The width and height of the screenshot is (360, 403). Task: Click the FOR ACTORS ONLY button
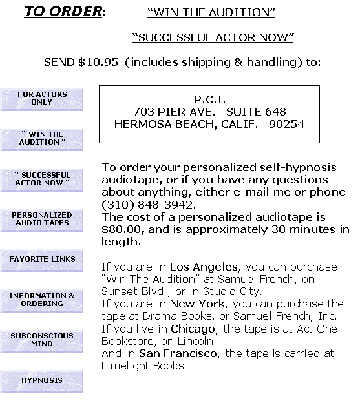tap(42, 99)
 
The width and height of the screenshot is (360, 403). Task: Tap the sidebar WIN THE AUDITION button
tap(42, 139)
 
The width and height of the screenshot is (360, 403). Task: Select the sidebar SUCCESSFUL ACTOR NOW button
tap(42, 180)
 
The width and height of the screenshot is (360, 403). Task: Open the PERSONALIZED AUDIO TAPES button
tap(42, 220)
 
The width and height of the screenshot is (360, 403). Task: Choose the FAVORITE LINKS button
tap(42, 260)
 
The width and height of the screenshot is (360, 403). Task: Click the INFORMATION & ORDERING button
tap(42, 301)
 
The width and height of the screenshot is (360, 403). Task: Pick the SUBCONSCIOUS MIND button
tap(42, 341)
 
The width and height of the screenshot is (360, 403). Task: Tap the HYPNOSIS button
tap(42, 382)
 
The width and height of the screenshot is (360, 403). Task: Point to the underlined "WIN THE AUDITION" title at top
tap(211, 12)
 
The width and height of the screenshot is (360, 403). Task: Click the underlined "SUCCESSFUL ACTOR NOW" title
tap(213, 37)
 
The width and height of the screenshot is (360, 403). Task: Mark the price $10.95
tap(98, 62)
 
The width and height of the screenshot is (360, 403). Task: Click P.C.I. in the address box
tap(209, 99)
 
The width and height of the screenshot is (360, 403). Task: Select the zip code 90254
tap(287, 124)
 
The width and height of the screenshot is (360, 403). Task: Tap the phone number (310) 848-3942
tap(149, 205)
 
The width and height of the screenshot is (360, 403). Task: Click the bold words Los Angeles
tap(204, 267)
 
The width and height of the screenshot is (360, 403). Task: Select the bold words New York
tap(198, 304)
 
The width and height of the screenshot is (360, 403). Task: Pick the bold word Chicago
tap(193, 329)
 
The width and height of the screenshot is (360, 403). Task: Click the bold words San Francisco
tap(178, 353)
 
